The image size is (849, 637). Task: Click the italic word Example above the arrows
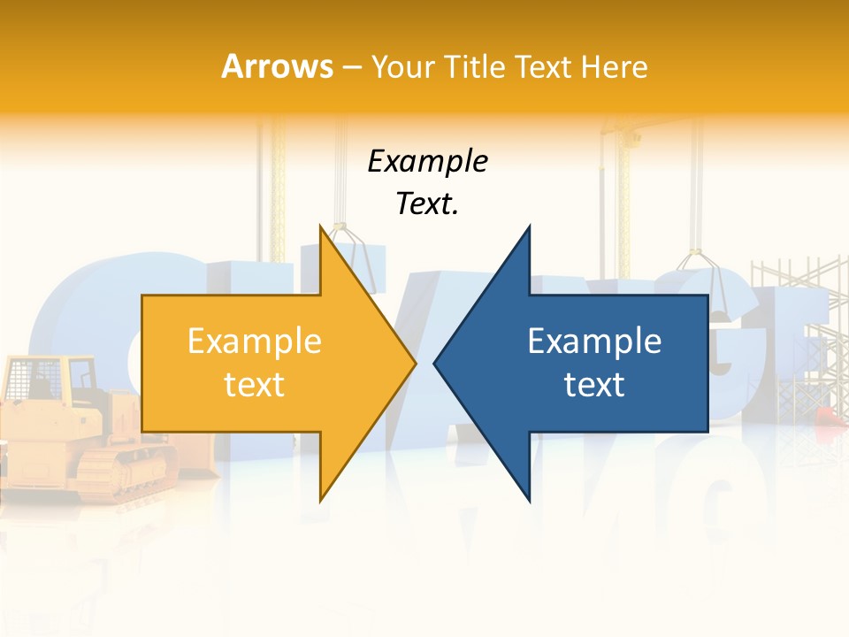pyautogui.click(x=427, y=161)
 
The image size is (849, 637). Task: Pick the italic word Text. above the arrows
pyautogui.click(x=427, y=203)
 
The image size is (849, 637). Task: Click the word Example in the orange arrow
pyautogui.click(x=254, y=341)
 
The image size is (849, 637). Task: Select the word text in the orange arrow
pyautogui.click(x=254, y=384)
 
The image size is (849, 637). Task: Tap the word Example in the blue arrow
pyautogui.click(x=594, y=341)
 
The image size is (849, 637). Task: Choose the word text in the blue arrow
pyautogui.click(x=594, y=384)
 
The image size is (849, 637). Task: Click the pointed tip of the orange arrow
pyautogui.click(x=416, y=363)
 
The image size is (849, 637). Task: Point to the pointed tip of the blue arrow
pyautogui.click(x=434, y=363)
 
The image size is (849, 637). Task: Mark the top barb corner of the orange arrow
pyautogui.click(x=321, y=226)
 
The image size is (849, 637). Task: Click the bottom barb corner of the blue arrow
pyautogui.click(x=530, y=501)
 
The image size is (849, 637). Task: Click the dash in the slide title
pyautogui.click(x=350, y=67)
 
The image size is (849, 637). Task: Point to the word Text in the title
pyautogui.click(x=543, y=66)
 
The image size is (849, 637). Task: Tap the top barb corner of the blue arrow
pyautogui.click(x=530, y=226)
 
